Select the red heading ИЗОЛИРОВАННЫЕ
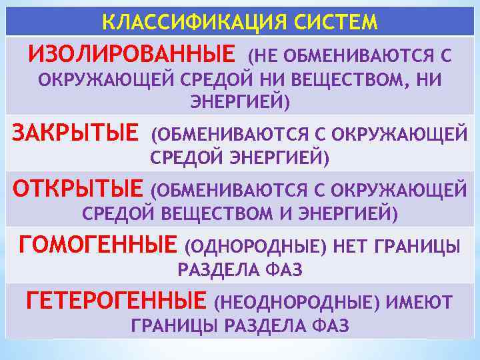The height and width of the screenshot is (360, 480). [132, 53]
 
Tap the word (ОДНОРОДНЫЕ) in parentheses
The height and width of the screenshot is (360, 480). [256, 247]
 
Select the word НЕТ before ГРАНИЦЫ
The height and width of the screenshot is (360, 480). [351, 247]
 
